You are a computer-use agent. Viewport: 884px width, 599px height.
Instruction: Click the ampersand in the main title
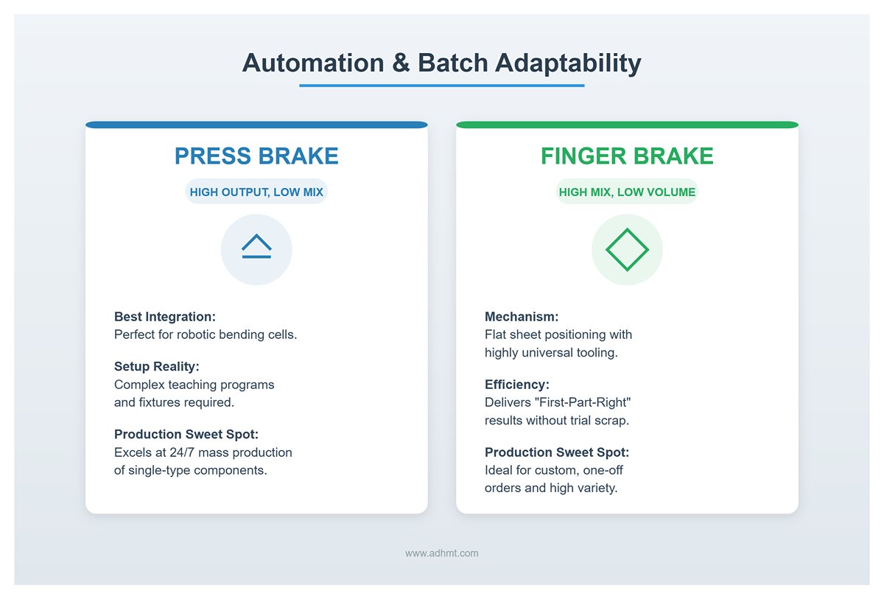pos(401,63)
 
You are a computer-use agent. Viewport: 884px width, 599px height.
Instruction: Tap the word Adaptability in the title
pos(568,63)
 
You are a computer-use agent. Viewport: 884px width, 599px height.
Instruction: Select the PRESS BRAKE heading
pos(256,156)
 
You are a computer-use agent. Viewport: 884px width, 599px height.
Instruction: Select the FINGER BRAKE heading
pos(627,156)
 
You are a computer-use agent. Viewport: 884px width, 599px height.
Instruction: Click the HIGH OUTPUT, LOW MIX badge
pos(256,192)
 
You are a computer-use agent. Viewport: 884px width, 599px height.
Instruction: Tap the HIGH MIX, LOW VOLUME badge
pos(627,192)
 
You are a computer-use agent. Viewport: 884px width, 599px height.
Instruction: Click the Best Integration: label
pos(165,317)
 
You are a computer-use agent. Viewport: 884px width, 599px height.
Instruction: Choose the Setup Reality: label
pos(157,367)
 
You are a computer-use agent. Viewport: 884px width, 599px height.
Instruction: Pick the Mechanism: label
pos(522,317)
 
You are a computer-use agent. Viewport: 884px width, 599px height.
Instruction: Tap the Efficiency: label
pos(517,385)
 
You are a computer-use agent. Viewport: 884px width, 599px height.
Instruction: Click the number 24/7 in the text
pos(182,452)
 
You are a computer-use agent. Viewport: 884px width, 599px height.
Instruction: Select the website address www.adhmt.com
pos(441,553)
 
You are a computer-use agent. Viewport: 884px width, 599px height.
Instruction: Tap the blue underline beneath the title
pos(441,85)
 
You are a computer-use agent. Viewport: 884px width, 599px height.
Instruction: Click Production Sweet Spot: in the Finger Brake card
pos(557,452)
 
